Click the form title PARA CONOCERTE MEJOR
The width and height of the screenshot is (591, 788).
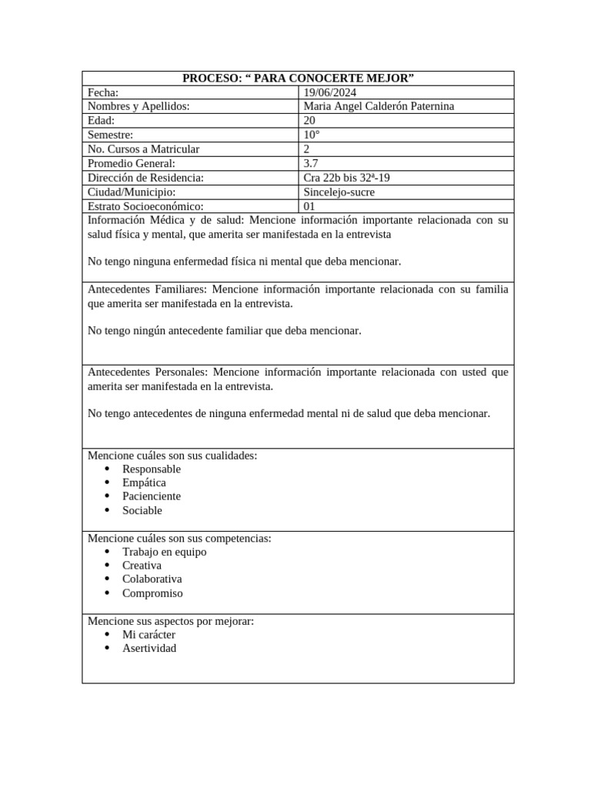(x=298, y=78)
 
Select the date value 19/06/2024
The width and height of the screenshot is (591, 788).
(x=330, y=92)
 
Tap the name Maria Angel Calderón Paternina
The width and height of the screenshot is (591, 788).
(x=379, y=106)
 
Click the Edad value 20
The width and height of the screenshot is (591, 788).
(x=309, y=121)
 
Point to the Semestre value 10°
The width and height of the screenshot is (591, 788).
(x=312, y=135)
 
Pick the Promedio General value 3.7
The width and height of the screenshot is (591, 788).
(x=311, y=163)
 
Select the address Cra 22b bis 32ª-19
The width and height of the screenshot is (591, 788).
(x=346, y=178)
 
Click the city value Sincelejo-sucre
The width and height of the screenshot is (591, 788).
(x=339, y=192)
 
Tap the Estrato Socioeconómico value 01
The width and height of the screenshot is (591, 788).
(x=310, y=206)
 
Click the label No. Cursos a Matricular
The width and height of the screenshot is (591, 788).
(x=144, y=149)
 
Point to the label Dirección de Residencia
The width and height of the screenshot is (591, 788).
(x=145, y=178)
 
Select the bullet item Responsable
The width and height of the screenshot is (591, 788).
(x=152, y=469)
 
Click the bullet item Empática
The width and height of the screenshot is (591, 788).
(x=144, y=482)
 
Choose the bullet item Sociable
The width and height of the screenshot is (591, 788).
(x=142, y=510)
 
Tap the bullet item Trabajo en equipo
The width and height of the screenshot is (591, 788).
(x=164, y=552)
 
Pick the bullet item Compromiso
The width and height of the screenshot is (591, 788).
(x=152, y=593)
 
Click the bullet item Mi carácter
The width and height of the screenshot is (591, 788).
(x=149, y=635)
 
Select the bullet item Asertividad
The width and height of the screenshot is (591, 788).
(x=149, y=648)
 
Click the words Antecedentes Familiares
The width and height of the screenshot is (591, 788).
(x=145, y=289)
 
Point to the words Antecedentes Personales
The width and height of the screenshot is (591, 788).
(x=146, y=372)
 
